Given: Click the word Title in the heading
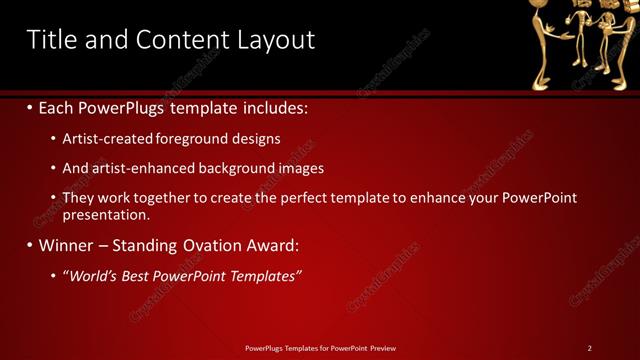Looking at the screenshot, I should (x=52, y=39).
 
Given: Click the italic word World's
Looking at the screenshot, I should (x=90, y=275).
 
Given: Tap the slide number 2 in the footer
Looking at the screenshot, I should (x=589, y=348).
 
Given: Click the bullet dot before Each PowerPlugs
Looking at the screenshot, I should (x=30, y=106).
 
